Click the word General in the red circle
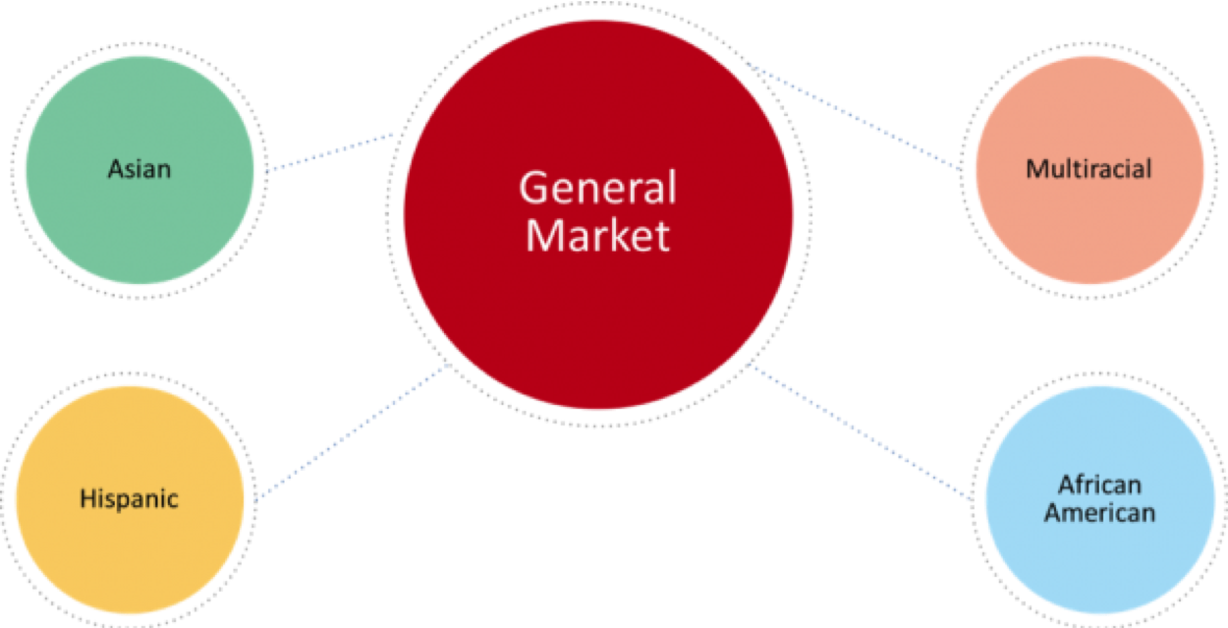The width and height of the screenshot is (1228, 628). click(x=597, y=189)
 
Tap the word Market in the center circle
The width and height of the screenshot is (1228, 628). click(x=597, y=236)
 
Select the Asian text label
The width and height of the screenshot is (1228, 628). click(x=140, y=169)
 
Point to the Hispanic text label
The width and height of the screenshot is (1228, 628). click(x=129, y=499)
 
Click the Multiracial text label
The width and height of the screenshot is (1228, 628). click(x=1088, y=169)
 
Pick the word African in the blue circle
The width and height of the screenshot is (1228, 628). click(x=1099, y=485)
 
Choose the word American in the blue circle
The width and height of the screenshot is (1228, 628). click(x=1099, y=512)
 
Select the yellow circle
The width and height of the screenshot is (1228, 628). click(x=129, y=550)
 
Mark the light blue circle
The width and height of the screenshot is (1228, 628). click(x=1099, y=560)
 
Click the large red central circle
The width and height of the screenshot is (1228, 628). click(x=597, y=314)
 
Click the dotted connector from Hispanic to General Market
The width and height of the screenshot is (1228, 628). click(x=352, y=432)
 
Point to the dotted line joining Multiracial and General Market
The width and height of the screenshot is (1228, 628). click(x=855, y=118)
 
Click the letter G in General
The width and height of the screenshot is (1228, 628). click(x=531, y=189)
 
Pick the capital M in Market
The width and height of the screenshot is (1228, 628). click(x=541, y=236)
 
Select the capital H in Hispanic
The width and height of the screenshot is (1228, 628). click(x=86, y=499)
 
